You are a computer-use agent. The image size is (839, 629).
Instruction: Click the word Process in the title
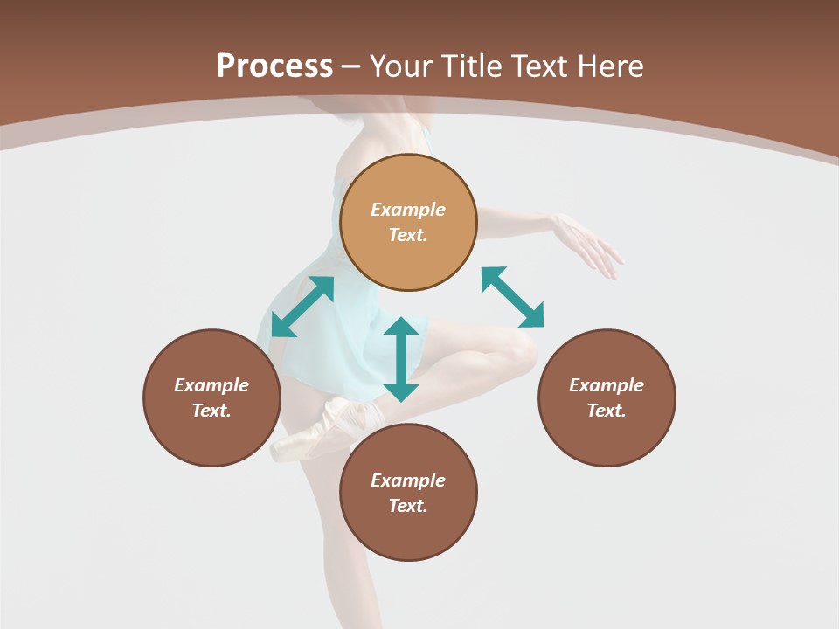[274, 66]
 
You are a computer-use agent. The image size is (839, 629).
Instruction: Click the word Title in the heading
[469, 66]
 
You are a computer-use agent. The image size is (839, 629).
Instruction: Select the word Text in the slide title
[538, 66]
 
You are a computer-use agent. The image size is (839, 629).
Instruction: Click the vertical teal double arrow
[401, 359]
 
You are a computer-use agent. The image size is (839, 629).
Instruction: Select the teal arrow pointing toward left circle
[302, 307]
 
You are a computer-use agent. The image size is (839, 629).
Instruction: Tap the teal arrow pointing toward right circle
[512, 297]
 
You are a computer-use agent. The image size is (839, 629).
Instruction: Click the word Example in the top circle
[408, 210]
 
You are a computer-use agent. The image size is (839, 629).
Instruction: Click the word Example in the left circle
[211, 385]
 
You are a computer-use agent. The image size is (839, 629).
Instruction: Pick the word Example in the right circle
[607, 385]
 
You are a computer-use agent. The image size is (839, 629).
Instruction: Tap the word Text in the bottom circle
[408, 506]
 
